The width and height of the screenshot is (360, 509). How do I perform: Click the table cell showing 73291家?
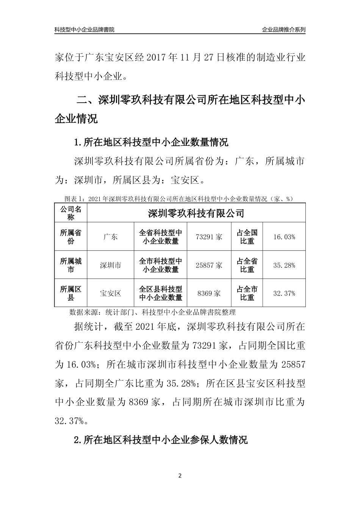[209, 237]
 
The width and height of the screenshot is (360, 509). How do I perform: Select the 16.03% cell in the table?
[284, 237]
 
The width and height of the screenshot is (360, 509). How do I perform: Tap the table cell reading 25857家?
[209, 265]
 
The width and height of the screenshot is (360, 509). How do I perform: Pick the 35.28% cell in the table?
[284, 265]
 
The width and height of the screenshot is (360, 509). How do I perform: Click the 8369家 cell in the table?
[209, 293]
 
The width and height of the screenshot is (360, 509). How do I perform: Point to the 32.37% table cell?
[284, 293]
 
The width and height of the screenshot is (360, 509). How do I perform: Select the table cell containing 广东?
[110, 237]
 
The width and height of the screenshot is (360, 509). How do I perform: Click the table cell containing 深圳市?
[110, 265]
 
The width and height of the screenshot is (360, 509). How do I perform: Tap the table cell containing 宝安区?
[110, 293]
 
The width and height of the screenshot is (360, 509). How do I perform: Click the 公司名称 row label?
[71, 213]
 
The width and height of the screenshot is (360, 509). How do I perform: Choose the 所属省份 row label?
[71, 237]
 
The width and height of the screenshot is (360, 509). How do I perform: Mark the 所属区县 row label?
[71, 293]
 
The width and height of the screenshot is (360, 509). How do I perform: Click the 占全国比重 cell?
[247, 237]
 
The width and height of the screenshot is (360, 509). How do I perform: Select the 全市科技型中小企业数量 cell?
[160, 265]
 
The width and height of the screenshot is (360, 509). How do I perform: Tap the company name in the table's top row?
[196, 213]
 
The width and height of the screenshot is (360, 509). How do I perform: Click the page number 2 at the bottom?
[180, 476]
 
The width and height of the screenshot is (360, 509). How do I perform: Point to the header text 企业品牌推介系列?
[283, 30]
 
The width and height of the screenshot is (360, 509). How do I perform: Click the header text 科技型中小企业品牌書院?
[84, 30]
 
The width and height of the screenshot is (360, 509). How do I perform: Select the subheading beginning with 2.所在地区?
[161, 440]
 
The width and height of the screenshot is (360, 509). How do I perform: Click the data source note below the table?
[153, 312]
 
